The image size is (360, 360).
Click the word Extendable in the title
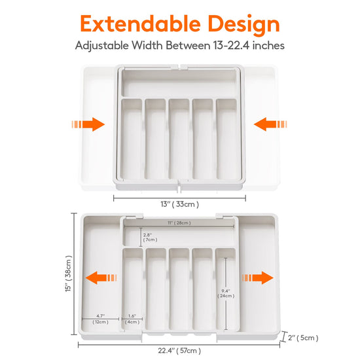pyautogui.click(x=140, y=24)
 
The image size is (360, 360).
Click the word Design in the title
pyautogui.click(x=244, y=25)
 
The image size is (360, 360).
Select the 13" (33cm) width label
pyautogui.click(x=179, y=204)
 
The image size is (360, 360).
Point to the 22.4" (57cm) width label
pyautogui.click(x=179, y=351)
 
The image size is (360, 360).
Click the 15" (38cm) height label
pyautogui.click(x=69, y=274)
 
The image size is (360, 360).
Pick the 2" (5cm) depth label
pyautogui.click(x=303, y=338)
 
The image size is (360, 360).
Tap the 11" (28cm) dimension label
pyautogui.click(x=179, y=223)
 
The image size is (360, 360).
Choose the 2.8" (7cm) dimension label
pyautogui.click(x=150, y=237)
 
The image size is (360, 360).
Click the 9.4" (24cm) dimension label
pyautogui.click(x=226, y=293)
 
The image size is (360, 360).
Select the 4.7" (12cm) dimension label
pyautogui.click(x=100, y=319)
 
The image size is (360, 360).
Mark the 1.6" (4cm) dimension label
pyautogui.click(x=132, y=319)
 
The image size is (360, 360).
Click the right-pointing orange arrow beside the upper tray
pyautogui.click(x=88, y=124)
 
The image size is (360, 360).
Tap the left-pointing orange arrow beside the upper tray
pyautogui.click(x=270, y=124)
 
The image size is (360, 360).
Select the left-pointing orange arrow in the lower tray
pyautogui.click(x=101, y=278)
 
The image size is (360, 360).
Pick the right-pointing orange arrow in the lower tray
pyautogui.click(x=258, y=278)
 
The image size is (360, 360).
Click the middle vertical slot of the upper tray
pyautogui.click(x=179, y=139)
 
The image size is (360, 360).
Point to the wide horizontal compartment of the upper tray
pyautogui.click(x=179, y=83)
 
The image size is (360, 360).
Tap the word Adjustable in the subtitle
pyautogui.click(x=101, y=46)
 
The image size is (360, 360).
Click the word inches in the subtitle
pyautogui.click(x=268, y=45)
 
